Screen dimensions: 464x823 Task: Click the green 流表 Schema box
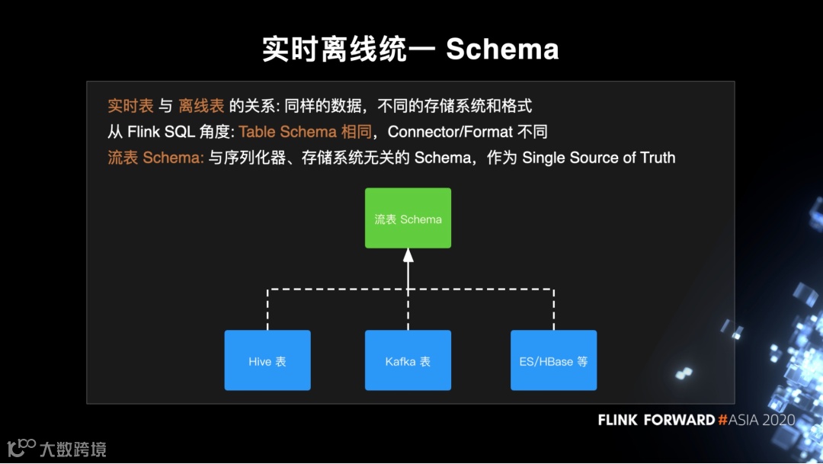point(408,219)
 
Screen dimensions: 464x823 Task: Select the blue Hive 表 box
point(267,360)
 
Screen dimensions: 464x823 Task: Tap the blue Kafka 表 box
point(408,360)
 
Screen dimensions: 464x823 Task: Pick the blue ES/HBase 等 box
point(553,360)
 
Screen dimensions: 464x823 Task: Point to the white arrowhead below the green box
point(408,255)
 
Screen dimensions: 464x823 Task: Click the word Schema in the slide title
point(502,50)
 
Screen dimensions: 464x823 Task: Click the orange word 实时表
point(130,106)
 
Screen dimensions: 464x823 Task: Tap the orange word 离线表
point(201,106)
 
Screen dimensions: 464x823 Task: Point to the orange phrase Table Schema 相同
point(305,132)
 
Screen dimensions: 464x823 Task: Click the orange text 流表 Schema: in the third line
point(155,158)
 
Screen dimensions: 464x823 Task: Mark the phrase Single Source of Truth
point(598,158)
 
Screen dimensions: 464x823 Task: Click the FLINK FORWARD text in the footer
point(656,420)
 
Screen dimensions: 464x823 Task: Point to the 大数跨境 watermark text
point(72,449)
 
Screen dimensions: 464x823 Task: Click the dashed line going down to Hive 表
point(267,310)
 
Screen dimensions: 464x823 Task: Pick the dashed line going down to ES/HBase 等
point(553,310)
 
